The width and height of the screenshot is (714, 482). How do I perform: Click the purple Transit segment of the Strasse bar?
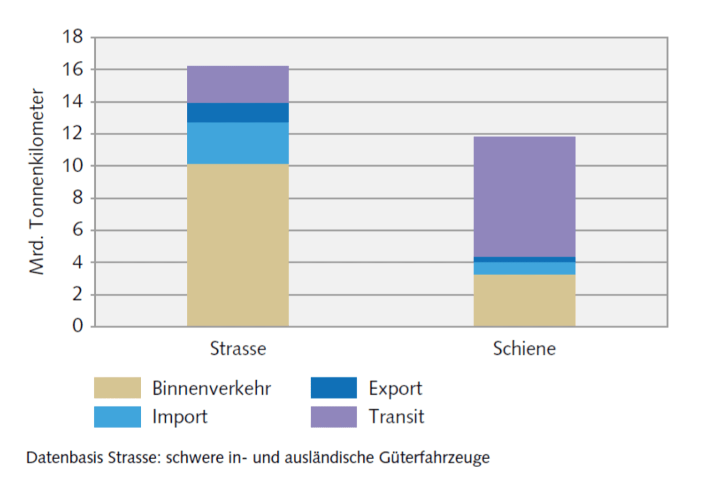(237, 84)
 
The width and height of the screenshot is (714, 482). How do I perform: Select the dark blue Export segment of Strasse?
(237, 113)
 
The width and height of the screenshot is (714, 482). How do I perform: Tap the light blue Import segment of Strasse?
(237, 143)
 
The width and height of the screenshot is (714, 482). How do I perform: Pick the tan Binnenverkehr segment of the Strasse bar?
(237, 245)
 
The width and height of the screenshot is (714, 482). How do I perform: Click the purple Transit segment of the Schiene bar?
(524, 197)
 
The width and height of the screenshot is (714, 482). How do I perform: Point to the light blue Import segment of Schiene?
(524, 268)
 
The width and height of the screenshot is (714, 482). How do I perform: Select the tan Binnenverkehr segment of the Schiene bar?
(524, 300)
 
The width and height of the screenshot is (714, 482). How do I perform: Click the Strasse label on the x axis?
(238, 349)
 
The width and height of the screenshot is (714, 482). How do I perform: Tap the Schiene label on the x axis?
(524, 349)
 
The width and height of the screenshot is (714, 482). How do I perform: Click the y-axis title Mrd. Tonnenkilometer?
(37, 181)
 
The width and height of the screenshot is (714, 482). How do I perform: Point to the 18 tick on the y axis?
(72, 37)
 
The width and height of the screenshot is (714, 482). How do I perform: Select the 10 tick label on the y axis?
(72, 166)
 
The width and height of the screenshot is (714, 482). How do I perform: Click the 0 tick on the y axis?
(78, 326)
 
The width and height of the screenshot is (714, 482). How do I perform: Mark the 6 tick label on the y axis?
(78, 230)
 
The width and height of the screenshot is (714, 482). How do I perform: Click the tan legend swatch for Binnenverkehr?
(117, 388)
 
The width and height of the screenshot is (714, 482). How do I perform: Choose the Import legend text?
(180, 417)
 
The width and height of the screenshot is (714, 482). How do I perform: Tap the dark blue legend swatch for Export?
(334, 388)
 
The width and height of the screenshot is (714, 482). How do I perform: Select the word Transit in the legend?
(396, 417)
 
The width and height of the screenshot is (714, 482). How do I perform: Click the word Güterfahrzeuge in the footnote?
(434, 458)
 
